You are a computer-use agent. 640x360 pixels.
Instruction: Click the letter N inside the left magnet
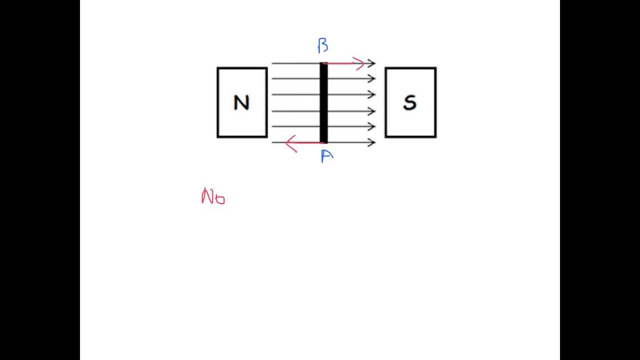[x=241, y=103]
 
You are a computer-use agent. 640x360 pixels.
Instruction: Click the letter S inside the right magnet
[x=409, y=103]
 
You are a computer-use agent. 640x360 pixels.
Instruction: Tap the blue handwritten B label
[x=323, y=46]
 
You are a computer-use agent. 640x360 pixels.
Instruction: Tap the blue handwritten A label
[x=326, y=156]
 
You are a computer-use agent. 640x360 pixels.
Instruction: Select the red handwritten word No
[x=213, y=196]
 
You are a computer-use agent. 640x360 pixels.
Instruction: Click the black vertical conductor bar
[x=323, y=102]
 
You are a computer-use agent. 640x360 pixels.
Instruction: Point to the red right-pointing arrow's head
[x=361, y=63]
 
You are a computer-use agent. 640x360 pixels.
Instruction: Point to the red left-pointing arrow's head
[x=289, y=143]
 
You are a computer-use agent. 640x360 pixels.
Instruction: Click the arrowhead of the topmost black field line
[x=372, y=63]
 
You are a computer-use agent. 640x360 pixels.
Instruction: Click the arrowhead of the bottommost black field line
[x=372, y=142]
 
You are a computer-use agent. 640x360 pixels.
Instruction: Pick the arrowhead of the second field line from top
[x=372, y=78]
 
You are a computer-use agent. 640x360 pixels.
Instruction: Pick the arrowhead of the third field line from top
[x=372, y=94]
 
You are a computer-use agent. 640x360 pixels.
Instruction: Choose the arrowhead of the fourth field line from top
[x=372, y=111]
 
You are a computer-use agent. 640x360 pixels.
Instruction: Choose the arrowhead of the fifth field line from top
[x=372, y=126]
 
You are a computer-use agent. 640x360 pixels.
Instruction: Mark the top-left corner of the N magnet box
[x=217, y=68]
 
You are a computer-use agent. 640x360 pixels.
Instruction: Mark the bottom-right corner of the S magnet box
[x=435, y=137]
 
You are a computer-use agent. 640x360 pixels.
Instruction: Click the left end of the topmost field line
[x=272, y=63]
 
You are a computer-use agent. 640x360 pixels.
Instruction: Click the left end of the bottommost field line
[x=272, y=142]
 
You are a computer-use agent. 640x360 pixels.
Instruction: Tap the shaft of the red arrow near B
[x=342, y=63]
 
